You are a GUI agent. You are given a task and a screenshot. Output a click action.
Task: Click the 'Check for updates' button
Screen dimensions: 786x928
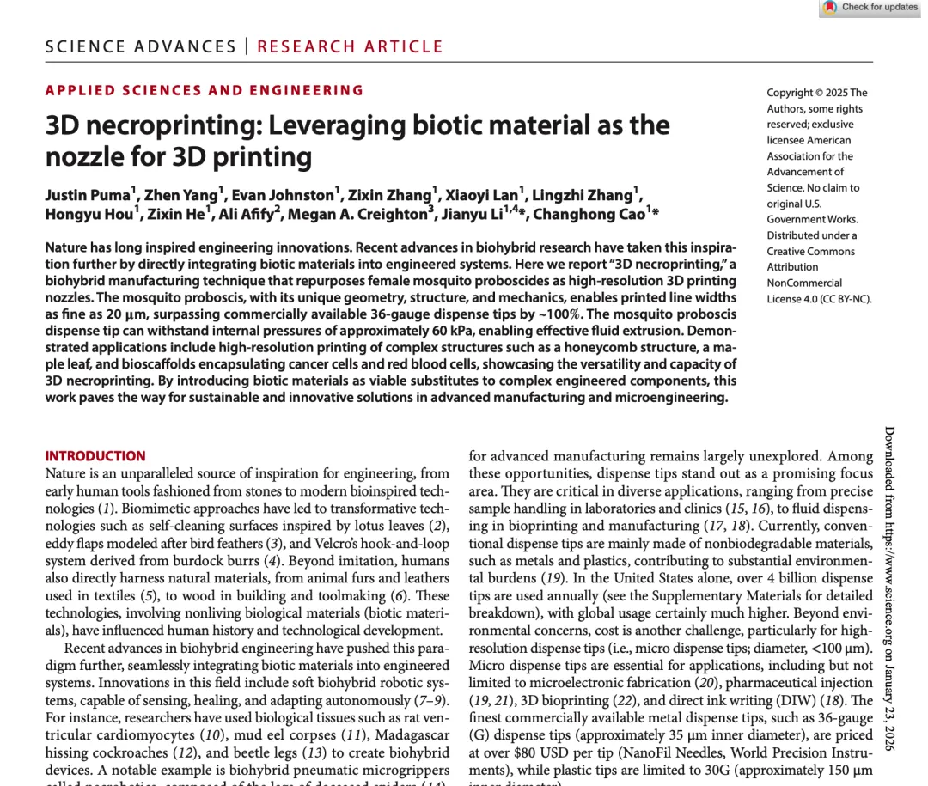871,8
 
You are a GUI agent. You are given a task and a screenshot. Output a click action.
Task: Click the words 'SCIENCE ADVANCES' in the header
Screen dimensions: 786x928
140,47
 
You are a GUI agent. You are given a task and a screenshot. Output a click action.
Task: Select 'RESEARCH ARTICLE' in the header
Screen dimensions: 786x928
350,47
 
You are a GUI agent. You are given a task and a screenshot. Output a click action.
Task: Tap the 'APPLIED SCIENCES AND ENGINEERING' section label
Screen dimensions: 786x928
205,90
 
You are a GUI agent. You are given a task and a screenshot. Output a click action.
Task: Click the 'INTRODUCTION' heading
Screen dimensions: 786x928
95,456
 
